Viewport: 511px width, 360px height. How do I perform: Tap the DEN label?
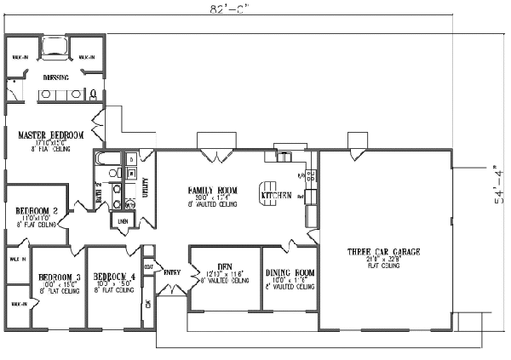coord(226,264)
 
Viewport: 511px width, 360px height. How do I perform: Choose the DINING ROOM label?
coord(289,272)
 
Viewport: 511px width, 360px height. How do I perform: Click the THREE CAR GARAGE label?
coord(381,252)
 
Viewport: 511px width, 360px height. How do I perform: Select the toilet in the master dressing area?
coord(14,94)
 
